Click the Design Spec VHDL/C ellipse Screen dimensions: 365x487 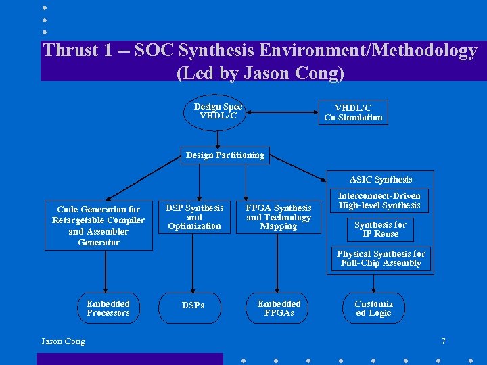point(217,112)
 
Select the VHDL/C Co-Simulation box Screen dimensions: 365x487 point(353,112)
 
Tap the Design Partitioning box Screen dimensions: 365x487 point(225,155)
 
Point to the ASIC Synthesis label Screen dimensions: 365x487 point(380,179)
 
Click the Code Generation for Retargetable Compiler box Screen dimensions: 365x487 point(99,226)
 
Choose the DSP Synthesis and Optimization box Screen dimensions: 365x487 point(194,217)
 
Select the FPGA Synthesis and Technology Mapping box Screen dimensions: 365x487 point(279,217)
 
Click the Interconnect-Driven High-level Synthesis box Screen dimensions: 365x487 point(379,201)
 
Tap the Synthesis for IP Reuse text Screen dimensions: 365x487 point(380,229)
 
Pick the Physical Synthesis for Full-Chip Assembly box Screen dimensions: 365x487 point(381,258)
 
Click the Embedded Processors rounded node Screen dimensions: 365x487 point(108,308)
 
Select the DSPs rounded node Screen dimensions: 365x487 point(193,306)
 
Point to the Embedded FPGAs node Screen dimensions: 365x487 point(279,308)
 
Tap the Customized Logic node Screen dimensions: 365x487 point(373,308)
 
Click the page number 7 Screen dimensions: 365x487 point(443,341)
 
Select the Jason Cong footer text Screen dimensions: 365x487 point(63,341)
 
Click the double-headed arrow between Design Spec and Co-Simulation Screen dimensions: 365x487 point(281,112)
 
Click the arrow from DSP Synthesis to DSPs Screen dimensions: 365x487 point(193,264)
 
